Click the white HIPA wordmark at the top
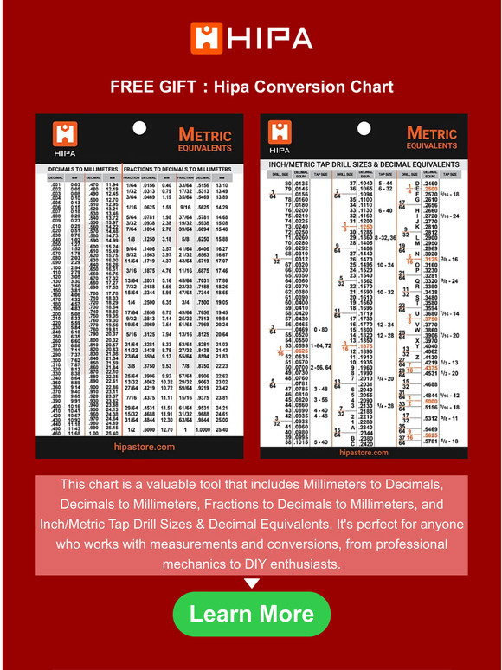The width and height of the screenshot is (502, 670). tap(269, 38)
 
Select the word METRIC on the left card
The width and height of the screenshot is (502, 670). tap(205, 134)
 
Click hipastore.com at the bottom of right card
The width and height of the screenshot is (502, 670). tap(363, 452)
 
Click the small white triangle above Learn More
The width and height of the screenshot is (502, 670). tap(251, 583)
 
